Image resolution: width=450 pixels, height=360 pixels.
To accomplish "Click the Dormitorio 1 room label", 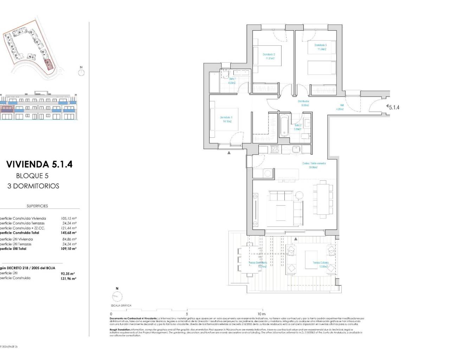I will pos(226,119).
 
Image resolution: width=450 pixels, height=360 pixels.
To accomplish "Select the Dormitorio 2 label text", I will pos(269,56).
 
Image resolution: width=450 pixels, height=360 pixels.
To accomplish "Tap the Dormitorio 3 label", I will pos(320,47).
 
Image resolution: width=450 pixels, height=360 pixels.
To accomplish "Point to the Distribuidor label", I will pos(305,103).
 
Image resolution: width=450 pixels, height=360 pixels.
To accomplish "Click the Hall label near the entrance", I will pos(340,107).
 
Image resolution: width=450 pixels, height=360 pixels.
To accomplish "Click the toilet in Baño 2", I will pos(306,137).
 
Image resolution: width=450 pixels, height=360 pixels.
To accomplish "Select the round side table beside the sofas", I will pos(300,195).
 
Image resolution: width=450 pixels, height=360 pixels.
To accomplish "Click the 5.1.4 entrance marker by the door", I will pos(394,108).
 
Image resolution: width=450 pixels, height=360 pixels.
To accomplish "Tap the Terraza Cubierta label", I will pos(321,264).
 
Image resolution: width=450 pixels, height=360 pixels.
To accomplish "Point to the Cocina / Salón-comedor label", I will pos(314,165).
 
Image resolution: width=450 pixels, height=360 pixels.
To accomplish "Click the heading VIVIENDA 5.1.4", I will pos(39,164).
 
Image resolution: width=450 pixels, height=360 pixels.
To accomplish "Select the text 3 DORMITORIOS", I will pos(33,186).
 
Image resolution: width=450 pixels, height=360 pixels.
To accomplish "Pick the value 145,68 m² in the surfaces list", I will pos(69,233).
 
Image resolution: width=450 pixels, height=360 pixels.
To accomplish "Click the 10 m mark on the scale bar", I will pos(261,314).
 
